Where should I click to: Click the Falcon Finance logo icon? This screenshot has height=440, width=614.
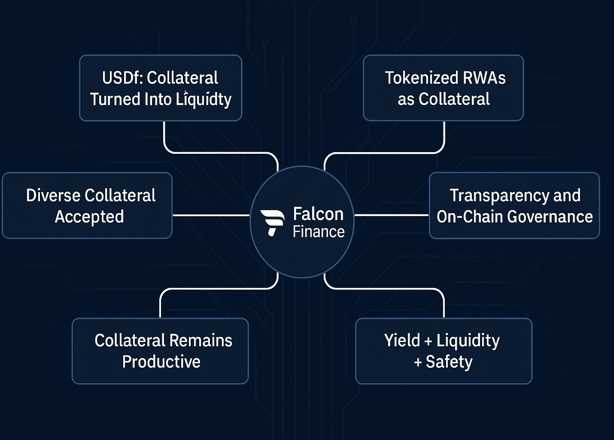272,222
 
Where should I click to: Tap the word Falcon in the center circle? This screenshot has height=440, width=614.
318,214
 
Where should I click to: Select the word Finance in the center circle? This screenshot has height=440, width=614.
319,232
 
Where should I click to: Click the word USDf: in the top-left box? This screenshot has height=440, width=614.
123,78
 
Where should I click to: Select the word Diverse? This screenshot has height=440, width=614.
53,196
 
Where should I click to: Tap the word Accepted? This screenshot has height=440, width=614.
89,217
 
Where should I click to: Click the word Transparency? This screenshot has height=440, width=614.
499,196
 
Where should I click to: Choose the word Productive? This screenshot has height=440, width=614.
161,362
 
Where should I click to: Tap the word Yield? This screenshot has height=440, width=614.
402,341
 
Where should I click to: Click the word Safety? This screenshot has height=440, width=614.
449,362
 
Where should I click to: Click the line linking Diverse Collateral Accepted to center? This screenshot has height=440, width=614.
210,215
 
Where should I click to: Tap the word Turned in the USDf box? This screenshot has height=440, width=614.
115,99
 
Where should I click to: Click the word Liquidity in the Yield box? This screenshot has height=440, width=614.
468,341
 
